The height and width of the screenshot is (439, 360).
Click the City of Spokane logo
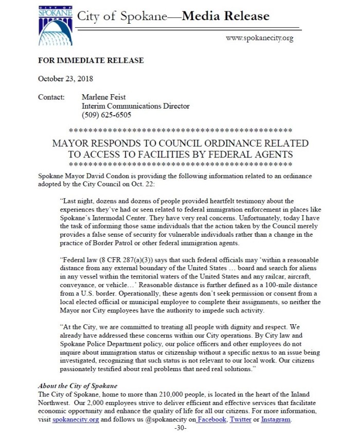click(x=55, y=25)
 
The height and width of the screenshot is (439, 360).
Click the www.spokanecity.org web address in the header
click(x=259, y=38)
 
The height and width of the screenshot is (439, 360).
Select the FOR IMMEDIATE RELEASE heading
click(x=91, y=61)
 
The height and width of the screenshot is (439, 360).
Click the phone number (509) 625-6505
click(x=106, y=115)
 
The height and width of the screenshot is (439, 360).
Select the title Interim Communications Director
click(x=136, y=106)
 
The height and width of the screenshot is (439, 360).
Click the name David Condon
click(x=116, y=177)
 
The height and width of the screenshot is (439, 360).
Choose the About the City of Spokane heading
click(x=78, y=386)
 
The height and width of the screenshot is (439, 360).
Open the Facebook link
click(x=212, y=419)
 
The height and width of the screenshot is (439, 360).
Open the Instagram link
click(x=276, y=419)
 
